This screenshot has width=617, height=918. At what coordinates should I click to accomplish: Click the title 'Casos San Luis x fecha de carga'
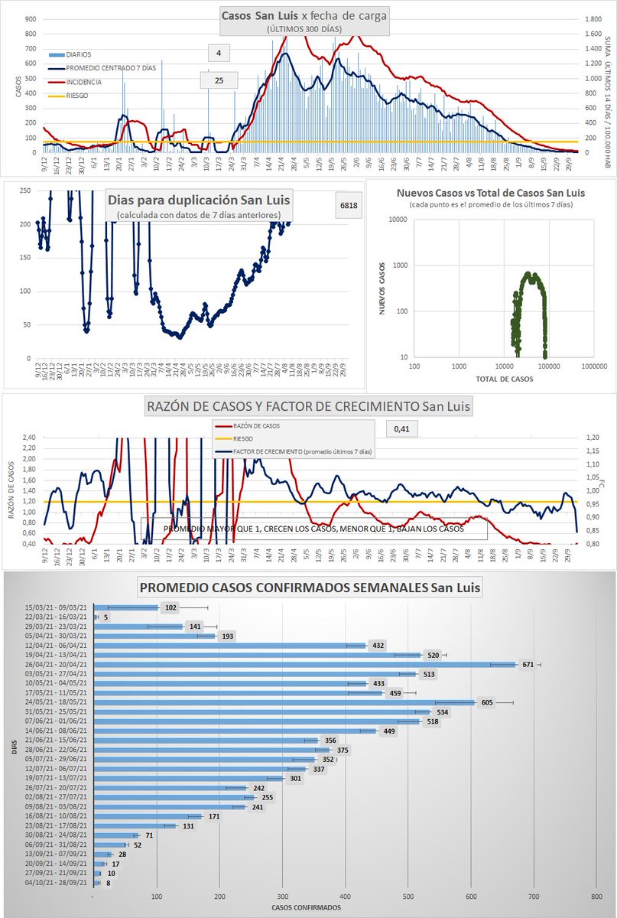pos(304,15)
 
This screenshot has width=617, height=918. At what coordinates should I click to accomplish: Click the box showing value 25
pos(219,80)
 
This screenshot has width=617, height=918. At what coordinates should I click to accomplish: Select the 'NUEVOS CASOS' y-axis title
pos(382,289)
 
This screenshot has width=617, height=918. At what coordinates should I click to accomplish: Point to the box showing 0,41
pos(401,428)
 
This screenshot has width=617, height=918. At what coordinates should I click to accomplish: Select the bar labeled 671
pos(304,664)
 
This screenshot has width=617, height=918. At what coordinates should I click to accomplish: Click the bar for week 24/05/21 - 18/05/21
pos(283,702)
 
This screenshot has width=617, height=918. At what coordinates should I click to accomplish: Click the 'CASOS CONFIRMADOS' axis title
pos(306,908)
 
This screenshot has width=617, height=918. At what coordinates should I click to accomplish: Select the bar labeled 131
pos(134,825)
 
